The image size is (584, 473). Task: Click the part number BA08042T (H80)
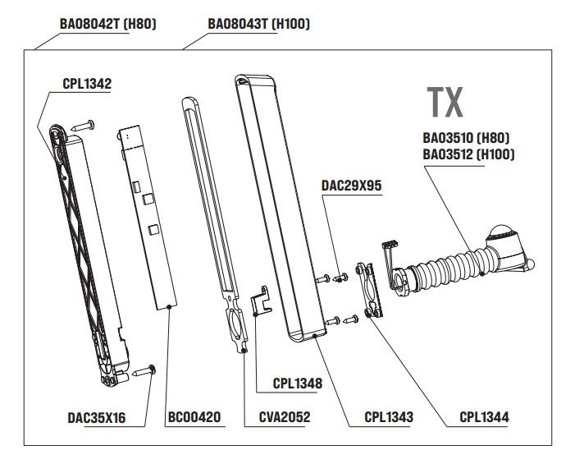[107, 24]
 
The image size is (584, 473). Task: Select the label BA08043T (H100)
[258, 24]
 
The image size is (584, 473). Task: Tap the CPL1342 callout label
[87, 84]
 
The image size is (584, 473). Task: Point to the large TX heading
[445, 102]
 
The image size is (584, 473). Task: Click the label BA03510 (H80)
[472, 137]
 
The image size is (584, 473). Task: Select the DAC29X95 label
[353, 186]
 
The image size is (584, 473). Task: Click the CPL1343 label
[388, 417]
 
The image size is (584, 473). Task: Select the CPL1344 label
[484, 417]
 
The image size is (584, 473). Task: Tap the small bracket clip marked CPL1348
[261, 300]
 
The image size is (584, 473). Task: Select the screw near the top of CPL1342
[84, 126]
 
